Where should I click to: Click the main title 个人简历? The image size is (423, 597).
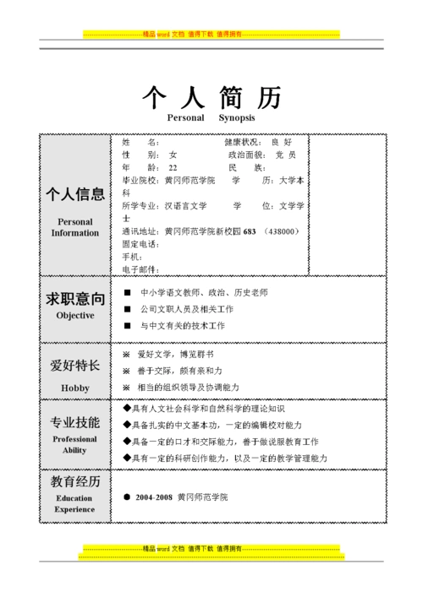tap(211, 98)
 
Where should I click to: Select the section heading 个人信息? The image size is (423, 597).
tap(75, 193)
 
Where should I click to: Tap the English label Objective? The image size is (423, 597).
tap(75, 315)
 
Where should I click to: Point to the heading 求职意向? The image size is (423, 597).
tap(75, 299)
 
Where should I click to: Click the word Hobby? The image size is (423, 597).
tap(75, 388)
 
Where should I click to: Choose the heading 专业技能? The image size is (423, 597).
tap(75, 422)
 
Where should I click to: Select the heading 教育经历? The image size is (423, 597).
tap(75, 482)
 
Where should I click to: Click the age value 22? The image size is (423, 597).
tap(173, 168)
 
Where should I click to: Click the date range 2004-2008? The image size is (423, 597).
tap(152, 497)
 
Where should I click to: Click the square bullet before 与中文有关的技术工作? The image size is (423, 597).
tap(127, 325)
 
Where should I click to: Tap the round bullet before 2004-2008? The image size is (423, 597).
tap(127, 497)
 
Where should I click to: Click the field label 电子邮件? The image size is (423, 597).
tap(140, 269)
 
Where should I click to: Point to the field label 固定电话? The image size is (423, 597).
tap(140, 244)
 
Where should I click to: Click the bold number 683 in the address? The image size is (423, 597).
tap(249, 231)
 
